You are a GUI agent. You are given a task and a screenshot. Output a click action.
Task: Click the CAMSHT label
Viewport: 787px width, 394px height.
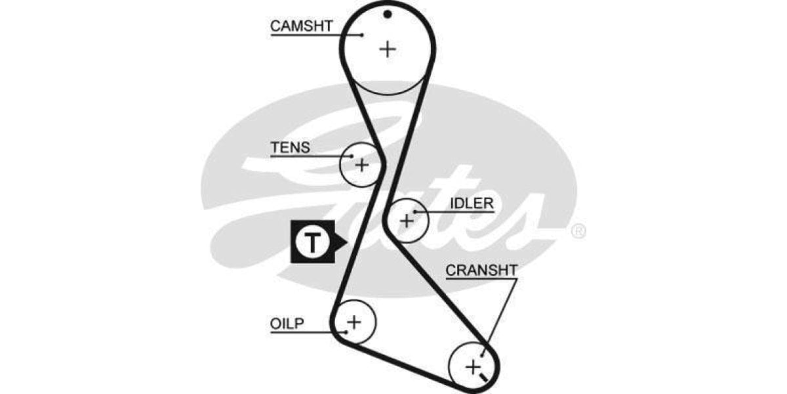tap(302, 26)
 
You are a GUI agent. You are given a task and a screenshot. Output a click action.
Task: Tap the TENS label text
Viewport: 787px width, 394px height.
tap(290, 148)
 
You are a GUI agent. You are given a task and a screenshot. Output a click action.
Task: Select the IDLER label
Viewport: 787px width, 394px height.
tap(472, 203)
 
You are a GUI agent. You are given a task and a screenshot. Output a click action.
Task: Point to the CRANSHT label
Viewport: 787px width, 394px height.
tap(481, 270)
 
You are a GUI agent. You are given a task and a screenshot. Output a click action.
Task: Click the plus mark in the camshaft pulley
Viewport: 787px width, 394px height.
tap(388, 49)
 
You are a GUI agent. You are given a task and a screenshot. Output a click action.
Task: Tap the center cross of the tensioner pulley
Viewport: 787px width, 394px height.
tap(362, 164)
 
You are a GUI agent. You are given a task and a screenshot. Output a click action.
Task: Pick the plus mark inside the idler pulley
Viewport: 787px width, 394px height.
tap(407, 221)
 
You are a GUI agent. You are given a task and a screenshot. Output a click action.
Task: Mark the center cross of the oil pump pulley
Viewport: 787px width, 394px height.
tap(354, 322)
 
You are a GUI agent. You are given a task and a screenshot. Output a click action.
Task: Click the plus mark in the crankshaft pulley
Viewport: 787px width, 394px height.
tap(473, 366)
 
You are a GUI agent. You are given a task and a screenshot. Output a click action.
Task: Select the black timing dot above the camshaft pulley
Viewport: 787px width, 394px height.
tap(388, 14)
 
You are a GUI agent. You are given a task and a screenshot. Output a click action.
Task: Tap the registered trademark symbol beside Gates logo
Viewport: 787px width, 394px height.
tap(578, 231)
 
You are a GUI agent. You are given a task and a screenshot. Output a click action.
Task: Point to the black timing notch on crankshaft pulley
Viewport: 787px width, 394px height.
tap(484, 378)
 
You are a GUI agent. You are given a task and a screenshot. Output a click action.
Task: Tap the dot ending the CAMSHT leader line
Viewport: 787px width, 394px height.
tap(361, 35)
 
